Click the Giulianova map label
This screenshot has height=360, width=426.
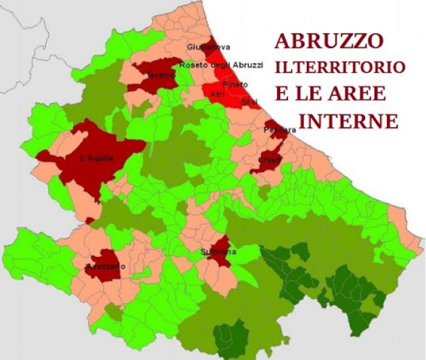[x=208, y=47]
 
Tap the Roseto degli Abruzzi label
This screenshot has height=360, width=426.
[x=221, y=65]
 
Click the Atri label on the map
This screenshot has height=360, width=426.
[x=217, y=93]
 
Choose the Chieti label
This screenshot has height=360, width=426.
[x=267, y=159]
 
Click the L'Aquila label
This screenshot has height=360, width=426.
[x=96, y=159]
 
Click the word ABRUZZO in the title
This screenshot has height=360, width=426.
[x=328, y=41]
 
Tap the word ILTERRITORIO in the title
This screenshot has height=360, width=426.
[x=340, y=68]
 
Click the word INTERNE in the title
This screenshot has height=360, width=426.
[x=349, y=121]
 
